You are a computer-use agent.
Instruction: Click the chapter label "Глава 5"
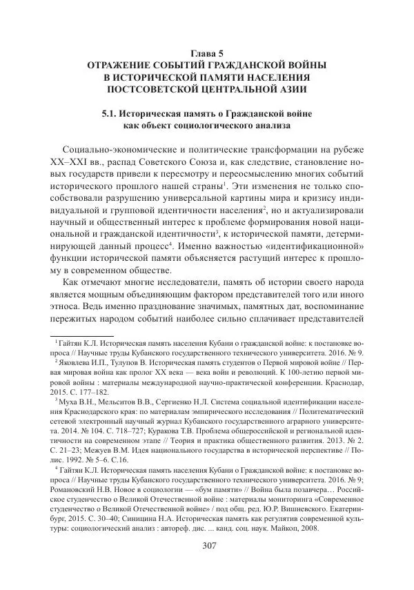click(x=206, y=52)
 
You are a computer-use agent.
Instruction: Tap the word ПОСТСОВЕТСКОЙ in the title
click(x=156, y=90)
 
